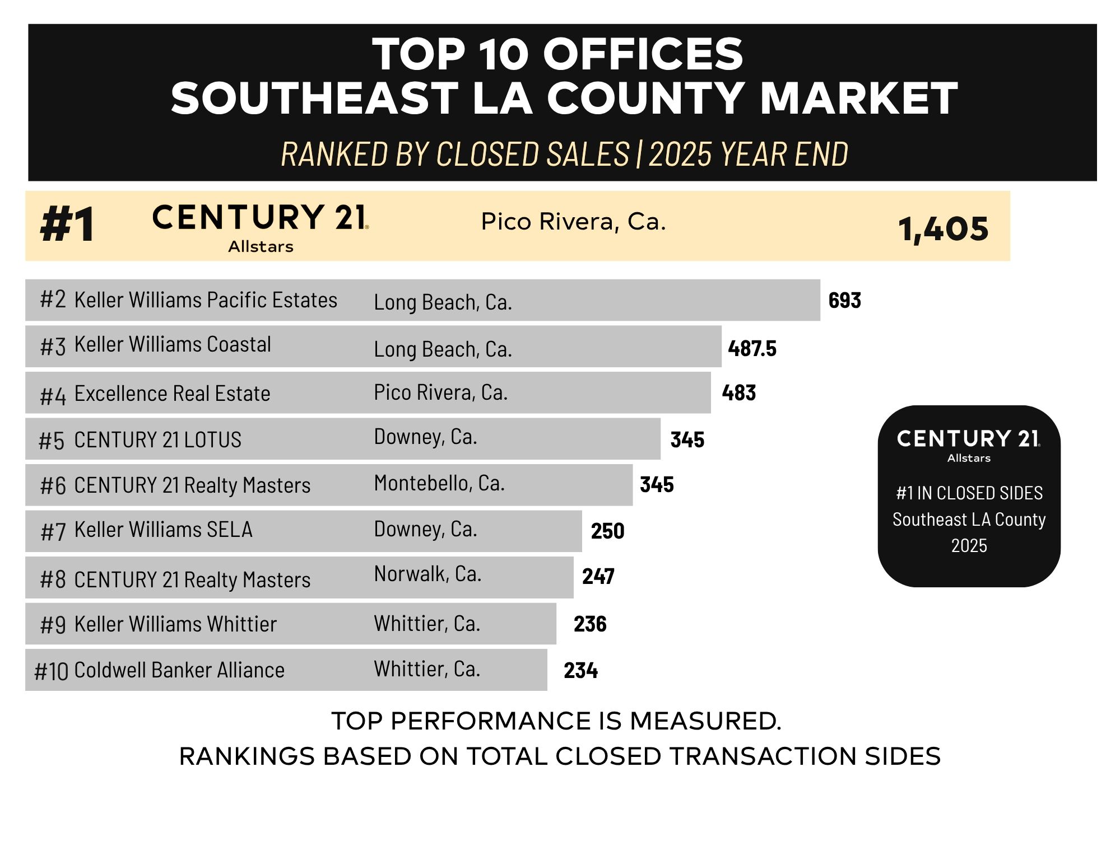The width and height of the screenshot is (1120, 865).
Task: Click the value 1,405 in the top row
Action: (943, 229)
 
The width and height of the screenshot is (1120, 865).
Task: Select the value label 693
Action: (844, 301)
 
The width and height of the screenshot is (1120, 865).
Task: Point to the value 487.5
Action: (752, 349)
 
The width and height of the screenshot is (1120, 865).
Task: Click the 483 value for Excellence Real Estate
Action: (738, 393)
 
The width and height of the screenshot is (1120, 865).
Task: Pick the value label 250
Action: (607, 531)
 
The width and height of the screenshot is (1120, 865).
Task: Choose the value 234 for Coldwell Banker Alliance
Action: (580, 670)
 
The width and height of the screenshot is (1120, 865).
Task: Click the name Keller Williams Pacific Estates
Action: (206, 300)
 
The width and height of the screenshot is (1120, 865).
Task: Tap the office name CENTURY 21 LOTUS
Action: (157, 440)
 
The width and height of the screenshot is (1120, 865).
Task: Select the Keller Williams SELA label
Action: (163, 530)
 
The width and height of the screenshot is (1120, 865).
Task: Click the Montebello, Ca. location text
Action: (439, 483)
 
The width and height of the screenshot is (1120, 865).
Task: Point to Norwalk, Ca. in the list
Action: (427, 574)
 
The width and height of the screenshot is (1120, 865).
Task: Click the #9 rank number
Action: (53, 625)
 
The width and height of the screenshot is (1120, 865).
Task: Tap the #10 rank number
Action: (51, 671)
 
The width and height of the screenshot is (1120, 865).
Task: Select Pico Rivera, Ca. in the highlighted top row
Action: (573, 222)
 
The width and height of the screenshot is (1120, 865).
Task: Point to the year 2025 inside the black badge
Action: (969, 546)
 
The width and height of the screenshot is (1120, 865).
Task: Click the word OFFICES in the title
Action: (643, 54)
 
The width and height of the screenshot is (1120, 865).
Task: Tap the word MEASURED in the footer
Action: (705, 721)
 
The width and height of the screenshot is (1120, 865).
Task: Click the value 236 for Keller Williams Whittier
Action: (590, 624)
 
